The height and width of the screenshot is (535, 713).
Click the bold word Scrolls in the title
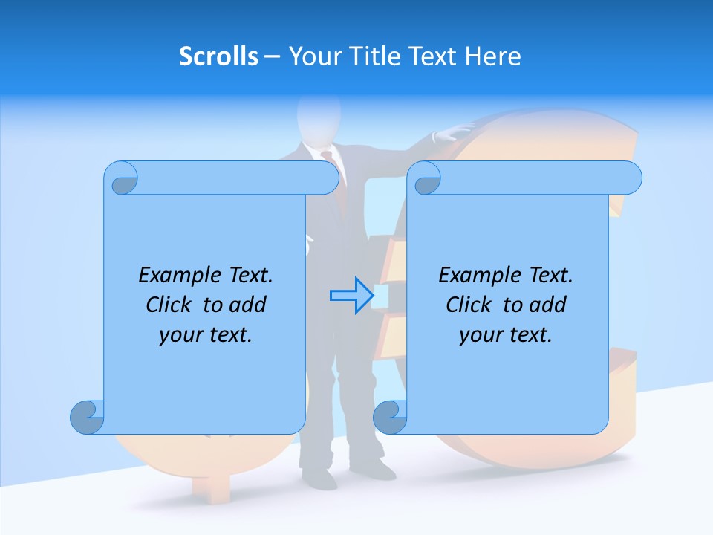pos(218,56)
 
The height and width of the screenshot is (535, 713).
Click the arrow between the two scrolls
pos(351,295)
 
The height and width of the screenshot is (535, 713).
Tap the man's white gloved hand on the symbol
pos(455,132)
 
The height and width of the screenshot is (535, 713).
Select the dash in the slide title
pos(273,56)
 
